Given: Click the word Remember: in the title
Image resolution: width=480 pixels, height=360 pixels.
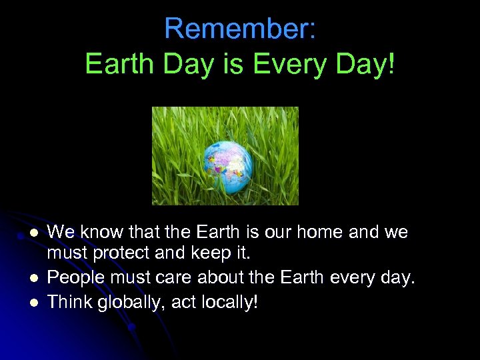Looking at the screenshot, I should point(239,29).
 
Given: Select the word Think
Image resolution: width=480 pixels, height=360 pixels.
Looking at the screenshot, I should point(70,301).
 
